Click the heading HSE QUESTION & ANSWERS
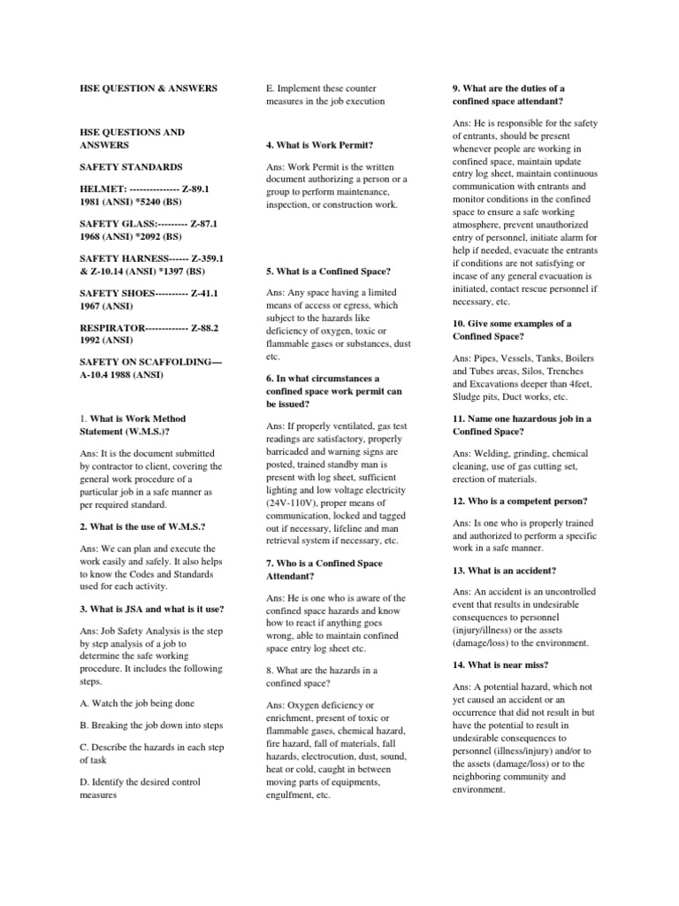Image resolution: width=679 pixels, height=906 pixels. tap(148, 88)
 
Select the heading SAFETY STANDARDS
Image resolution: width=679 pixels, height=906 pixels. tap(131, 166)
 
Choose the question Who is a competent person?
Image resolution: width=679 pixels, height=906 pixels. tap(520, 501)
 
